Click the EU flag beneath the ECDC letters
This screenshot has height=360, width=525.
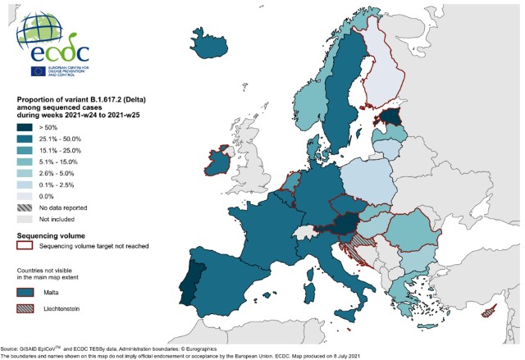coord(38,71)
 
